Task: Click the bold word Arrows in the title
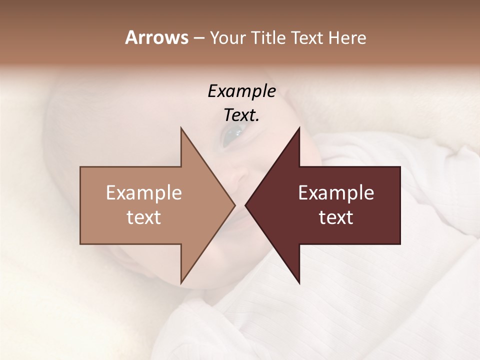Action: click(x=156, y=37)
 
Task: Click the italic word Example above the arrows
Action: click(x=241, y=91)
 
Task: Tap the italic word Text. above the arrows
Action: click(x=241, y=115)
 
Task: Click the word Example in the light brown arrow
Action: click(x=144, y=193)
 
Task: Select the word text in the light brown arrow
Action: click(x=144, y=217)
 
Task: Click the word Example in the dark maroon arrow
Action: click(x=336, y=193)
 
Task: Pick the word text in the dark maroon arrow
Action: click(x=336, y=217)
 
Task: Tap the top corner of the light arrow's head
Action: click(x=181, y=128)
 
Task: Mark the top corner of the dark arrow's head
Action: click(x=299, y=128)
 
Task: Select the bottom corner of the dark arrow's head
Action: click(x=299, y=282)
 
